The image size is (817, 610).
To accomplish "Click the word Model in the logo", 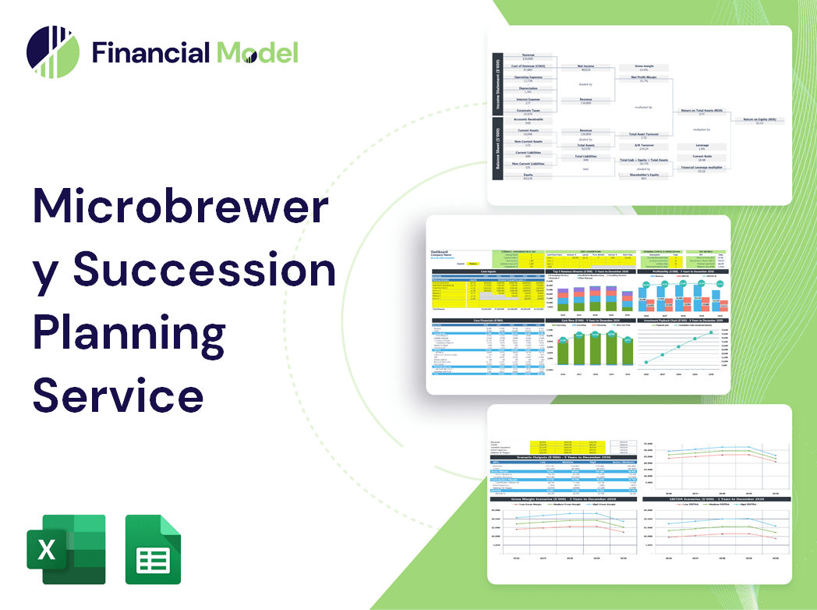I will tap(258, 52).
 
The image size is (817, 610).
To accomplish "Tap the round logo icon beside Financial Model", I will tap(52, 52).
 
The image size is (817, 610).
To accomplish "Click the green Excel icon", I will tap(65, 549).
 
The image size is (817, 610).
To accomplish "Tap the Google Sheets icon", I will tap(154, 549).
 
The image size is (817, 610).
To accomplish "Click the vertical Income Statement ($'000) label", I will tap(497, 84).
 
